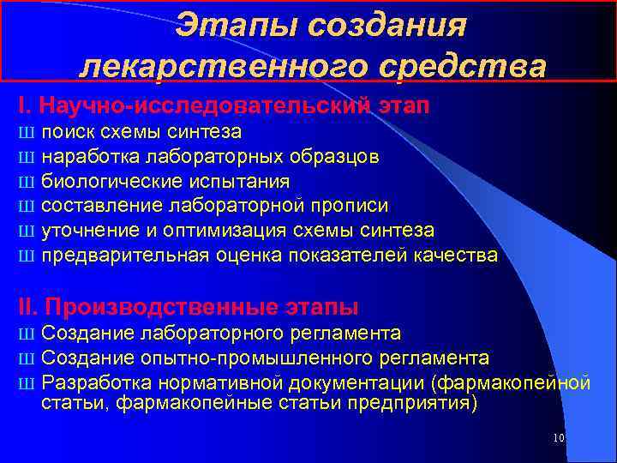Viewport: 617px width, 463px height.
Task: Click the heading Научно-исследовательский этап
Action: click(x=224, y=106)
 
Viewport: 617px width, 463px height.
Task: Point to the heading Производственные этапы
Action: click(x=188, y=306)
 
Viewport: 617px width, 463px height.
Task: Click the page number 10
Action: click(x=559, y=438)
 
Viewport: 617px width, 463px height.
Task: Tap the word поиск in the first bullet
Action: click(x=69, y=132)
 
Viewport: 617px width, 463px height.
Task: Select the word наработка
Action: click(x=90, y=157)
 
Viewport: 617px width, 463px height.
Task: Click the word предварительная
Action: click(x=118, y=256)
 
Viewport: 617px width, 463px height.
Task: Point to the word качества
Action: click(x=457, y=256)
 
